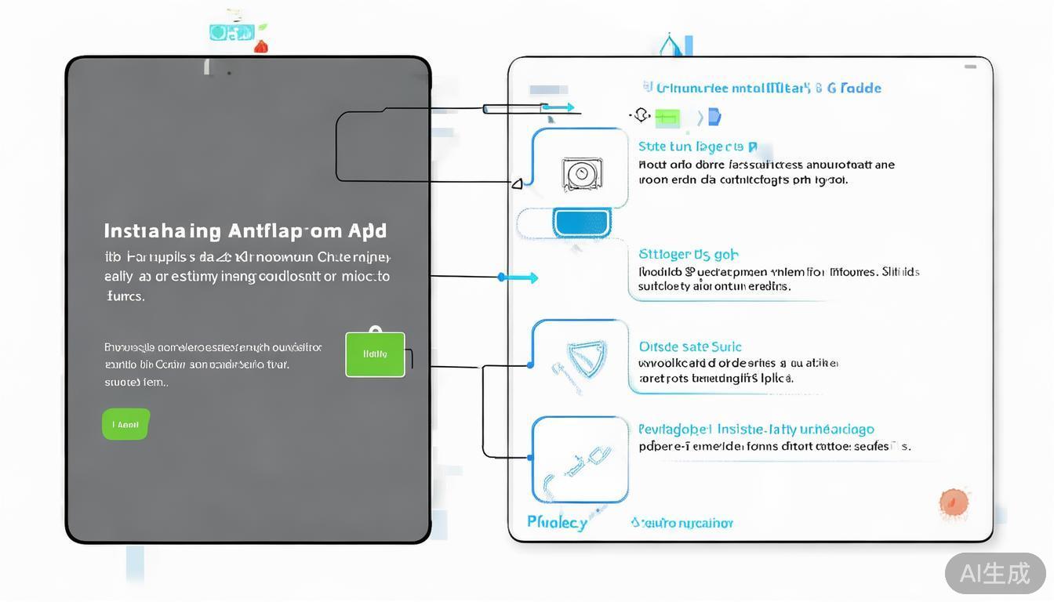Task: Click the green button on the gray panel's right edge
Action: pos(375,354)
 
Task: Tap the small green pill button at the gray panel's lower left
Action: pos(125,424)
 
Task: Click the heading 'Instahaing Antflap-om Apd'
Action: pos(245,231)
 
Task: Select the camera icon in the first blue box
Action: pos(581,174)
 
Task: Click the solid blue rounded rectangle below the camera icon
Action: pos(581,223)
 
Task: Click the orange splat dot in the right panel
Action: pos(954,503)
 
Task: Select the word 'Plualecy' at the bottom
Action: pos(558,522)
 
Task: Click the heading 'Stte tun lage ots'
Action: pos(698,147)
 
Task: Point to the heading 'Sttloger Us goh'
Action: pos(689,254)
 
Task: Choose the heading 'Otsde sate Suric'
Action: pos(690,346)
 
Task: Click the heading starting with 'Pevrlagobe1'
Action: pos(756,430)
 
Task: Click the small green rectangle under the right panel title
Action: pos(667,118)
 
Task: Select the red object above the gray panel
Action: pos(261,46)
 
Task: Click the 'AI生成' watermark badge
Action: pos(994,573)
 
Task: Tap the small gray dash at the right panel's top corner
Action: pos(970,67)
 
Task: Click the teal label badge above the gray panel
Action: pos(231,32)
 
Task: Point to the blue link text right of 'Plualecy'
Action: pos(681,523)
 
